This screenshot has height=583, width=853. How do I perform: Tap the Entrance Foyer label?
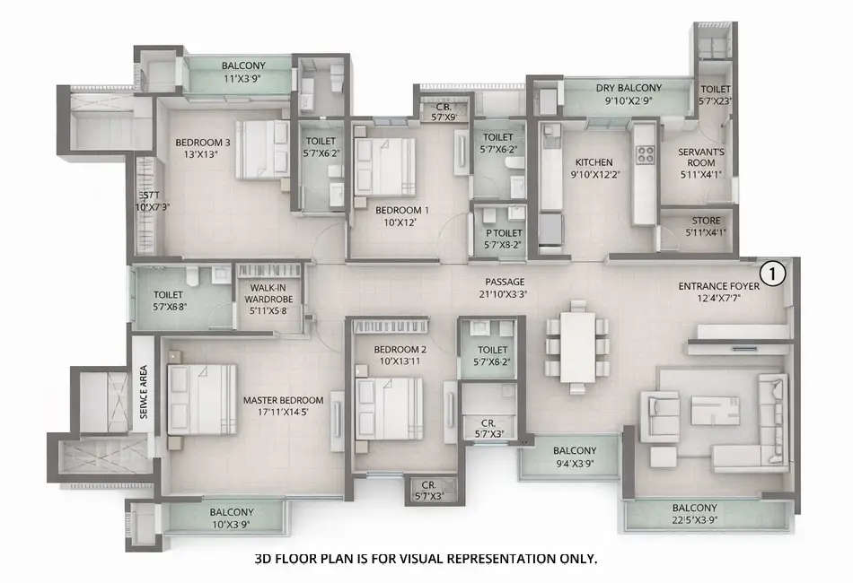tap(718, 287)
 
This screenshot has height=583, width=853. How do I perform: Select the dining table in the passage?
tap(576, 345)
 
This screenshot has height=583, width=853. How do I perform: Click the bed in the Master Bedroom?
tap(202, 399)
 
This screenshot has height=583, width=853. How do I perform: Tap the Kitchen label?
tap(593, 162)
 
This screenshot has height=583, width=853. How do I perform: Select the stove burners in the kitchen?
tap(645, 153)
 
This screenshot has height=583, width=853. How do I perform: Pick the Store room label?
tap(706, 221)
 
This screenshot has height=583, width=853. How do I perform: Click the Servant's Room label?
tap(701, 157)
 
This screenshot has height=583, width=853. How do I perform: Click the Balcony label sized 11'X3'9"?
tap(240, 65)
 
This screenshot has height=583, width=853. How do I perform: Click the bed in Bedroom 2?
tap(390, 406)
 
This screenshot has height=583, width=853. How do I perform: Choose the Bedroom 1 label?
tap(401, 211)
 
